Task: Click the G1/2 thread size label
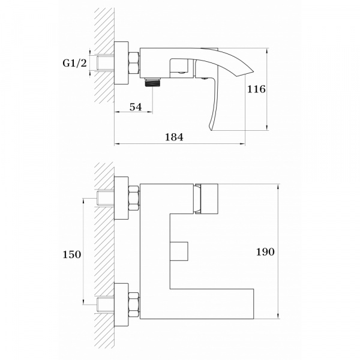coord(75,63)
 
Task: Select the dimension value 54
coord(136,107)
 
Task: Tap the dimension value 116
coord(256,89)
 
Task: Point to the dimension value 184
coord(174,137)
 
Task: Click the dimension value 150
coord(72,254)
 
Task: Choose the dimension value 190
coord(265,252)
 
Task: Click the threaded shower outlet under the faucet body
coord(153,82)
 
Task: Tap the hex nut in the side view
coord(134,63)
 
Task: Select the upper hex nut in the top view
coord(134,199)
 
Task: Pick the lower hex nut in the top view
coord(134,305)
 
